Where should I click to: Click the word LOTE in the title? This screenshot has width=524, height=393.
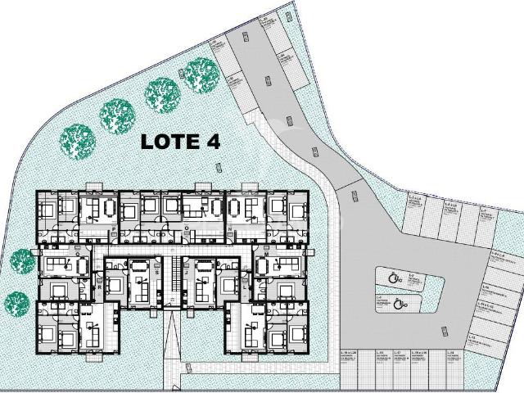(169, 140)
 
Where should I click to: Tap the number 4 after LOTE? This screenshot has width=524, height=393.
(213, 140)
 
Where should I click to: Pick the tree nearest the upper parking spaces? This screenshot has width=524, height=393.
(201, 75)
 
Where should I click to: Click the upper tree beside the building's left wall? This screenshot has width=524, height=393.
(21, 262)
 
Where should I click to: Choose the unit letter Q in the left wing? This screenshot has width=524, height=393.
(78, 254)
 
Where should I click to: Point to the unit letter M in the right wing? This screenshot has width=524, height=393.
(267, 254)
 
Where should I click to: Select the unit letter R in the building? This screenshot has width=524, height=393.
(99, 287)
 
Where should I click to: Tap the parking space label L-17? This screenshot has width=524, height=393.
(397, 353)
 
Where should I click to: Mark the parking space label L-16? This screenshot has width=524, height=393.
(419, 353)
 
